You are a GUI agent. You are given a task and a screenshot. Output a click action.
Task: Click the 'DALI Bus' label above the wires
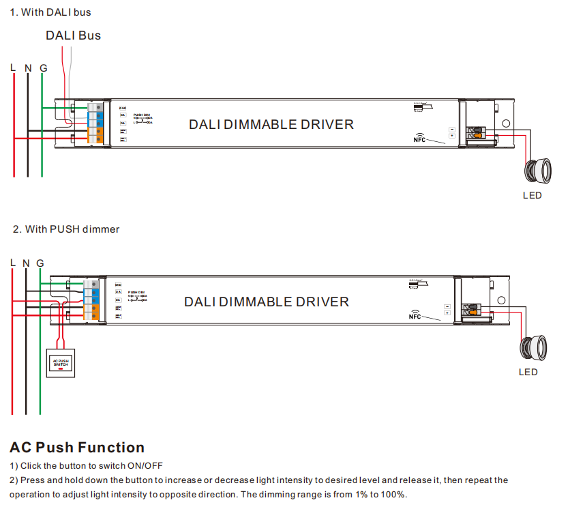73,35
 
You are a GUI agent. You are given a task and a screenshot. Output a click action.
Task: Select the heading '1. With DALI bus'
50,12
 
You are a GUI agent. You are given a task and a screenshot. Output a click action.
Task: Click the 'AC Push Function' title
77,448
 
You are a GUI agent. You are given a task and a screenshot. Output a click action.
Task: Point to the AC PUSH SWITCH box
61,363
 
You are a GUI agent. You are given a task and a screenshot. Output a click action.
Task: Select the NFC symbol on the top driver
420,138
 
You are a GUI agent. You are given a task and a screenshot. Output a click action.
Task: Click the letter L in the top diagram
13,68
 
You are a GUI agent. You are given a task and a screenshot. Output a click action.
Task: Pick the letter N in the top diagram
27,68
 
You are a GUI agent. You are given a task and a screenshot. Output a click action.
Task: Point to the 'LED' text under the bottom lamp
528,372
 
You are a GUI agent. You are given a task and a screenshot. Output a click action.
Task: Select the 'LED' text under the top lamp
532,195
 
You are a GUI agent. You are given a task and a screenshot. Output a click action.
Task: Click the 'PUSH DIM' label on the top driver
142,115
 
